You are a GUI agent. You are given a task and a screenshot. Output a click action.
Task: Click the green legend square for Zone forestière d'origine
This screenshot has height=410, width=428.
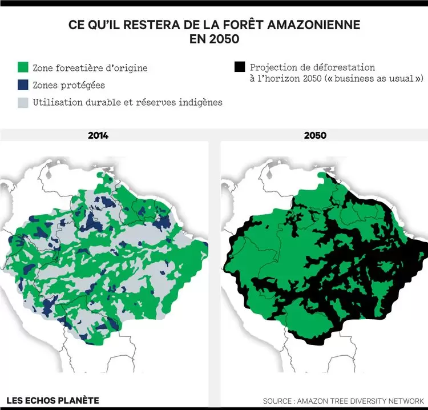point(24,68)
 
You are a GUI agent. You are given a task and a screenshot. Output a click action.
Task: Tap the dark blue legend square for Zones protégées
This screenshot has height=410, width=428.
point(24,85)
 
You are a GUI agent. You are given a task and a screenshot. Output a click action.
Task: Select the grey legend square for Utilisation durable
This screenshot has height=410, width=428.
point(24,102)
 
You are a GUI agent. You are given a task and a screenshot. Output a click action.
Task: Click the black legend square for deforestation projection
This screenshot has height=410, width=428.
point(240,68)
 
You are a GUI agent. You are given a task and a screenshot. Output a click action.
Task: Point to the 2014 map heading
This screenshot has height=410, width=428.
point(98,135)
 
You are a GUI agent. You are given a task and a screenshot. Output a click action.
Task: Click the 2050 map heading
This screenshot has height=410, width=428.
point(315,135)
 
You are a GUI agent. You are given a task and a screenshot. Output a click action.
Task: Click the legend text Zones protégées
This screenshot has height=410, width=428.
point(68,85)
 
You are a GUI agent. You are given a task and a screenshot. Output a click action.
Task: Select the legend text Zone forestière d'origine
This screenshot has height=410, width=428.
point(90,68)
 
